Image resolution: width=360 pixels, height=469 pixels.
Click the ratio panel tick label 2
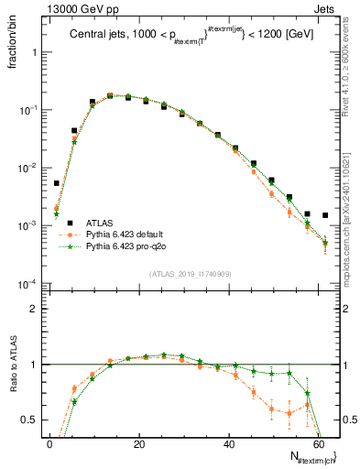tap(32, 309)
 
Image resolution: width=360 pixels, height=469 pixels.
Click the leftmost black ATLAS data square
tap(57, 183)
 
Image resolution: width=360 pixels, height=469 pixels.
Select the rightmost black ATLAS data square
tap(325, 215)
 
